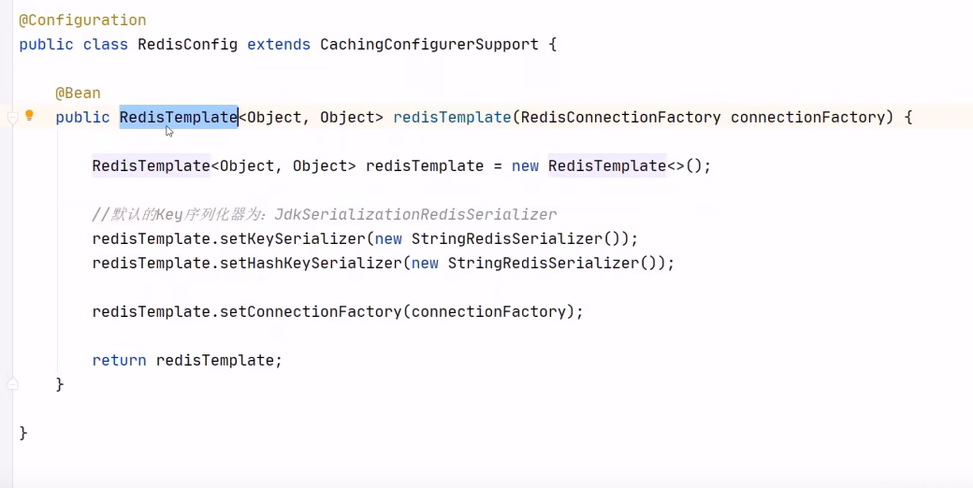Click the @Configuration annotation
82,20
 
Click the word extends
279,44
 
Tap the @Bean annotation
78,93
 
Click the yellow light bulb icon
29,116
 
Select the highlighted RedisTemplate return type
178,117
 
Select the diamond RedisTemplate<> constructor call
606,165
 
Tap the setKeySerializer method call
292,238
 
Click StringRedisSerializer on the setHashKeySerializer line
544,263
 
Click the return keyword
119,360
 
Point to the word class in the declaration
105,44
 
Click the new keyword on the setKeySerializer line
388,238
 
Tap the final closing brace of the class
23,433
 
